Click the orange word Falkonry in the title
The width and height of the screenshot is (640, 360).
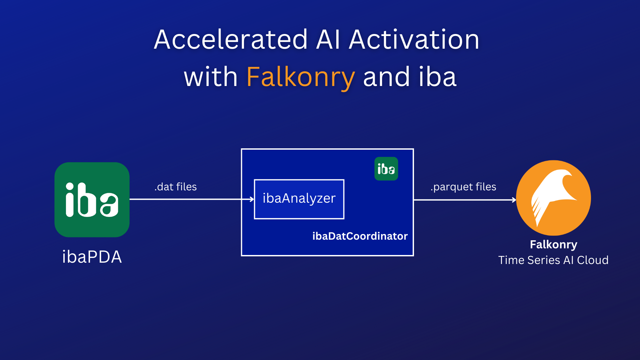[301, 77]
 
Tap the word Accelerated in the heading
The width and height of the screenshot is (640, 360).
[231, 40]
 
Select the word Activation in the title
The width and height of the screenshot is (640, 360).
[414, 40]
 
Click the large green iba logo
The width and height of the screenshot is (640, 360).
[92, 200]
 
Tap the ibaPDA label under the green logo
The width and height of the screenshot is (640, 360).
[92, 257]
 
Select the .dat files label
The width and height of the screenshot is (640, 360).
[176, 187]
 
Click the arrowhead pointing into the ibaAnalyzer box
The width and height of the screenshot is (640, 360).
[252, 199]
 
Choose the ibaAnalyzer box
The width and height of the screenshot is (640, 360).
[299, 199]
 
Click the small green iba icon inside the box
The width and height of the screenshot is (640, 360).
[386, 169]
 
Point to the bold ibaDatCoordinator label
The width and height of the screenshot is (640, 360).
[360, 236]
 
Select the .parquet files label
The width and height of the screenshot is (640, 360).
[463, 187]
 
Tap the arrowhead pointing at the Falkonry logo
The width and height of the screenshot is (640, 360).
[514, 200]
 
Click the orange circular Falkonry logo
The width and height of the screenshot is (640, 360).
[554, 198]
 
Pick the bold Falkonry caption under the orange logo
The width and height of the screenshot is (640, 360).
[554, 245]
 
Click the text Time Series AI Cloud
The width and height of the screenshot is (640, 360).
[553, 260]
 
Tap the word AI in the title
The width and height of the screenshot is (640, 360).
[328, 40]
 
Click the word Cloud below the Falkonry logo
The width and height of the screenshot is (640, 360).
[593, 260]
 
